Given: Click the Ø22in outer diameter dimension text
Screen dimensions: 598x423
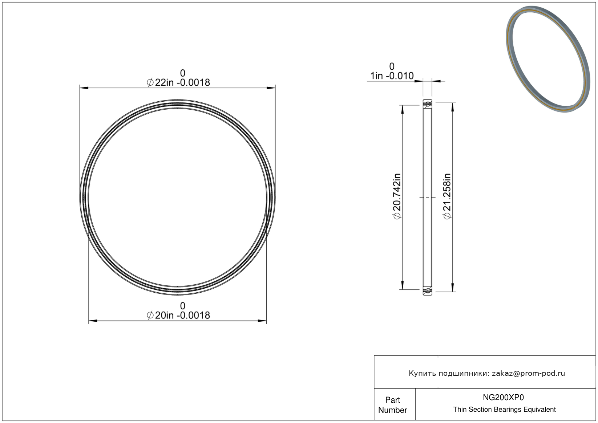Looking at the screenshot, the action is click(x=178, y=82).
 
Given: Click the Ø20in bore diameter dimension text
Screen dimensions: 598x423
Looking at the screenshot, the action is click(x=178, y=316).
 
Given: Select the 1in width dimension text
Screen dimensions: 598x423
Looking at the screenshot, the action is click(x=392, y=76).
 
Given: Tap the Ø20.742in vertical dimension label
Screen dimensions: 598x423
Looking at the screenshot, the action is click(x=397, y=196).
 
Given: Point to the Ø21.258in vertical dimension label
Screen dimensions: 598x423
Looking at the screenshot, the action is click(x=447, y=196).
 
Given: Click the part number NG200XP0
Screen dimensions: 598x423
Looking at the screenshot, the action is click(x=503, y=397).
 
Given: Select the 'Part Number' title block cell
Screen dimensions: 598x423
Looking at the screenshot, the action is click(x=392, y=404).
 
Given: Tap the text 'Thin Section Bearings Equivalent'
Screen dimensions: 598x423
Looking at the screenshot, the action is click(x=504, y=410).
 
